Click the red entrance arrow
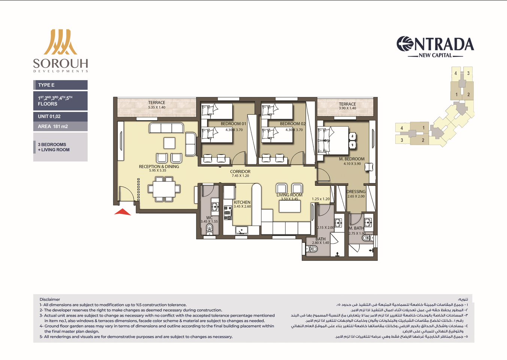click(122, 212)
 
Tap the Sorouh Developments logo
click(60, 51)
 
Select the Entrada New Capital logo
click(435, 47)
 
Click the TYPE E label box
click(60, 85)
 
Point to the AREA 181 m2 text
click(53, 126)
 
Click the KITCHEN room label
click(242, 202)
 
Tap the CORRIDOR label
click(240, 171)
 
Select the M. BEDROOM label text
click(352, 159)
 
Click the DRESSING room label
click(356, 192)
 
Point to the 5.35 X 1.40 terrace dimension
click(157, 107)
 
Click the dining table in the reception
click(164, 189)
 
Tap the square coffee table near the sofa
click(169, 143)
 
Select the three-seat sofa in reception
click(166, 128)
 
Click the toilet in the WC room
click(210, 230)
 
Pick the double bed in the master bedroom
click(333, 140)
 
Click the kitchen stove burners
click(228, 213)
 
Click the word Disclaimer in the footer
click(50, 299)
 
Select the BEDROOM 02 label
click(293, 124)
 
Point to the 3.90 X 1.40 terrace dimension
click(347, 108)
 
